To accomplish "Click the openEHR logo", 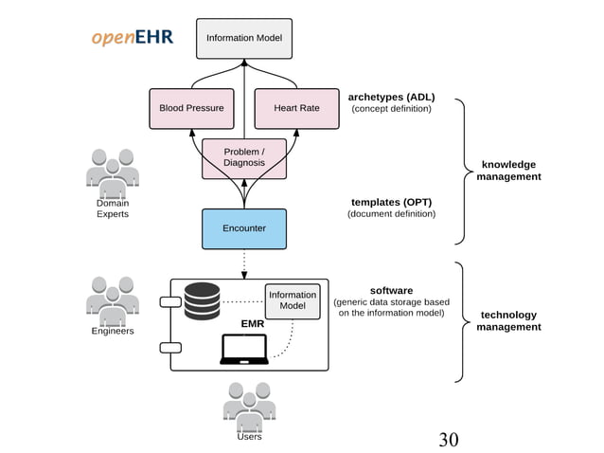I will [132, 37].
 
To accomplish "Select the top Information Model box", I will [243, 39].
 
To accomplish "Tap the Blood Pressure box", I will [191, 108].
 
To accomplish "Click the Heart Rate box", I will [296, 108].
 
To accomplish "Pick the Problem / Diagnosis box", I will [243, 157].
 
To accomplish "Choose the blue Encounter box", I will [243, 228].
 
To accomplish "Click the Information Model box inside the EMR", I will [293, 300].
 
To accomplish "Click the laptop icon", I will [243, 350].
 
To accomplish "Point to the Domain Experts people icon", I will [113, 170].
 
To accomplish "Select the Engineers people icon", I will [113, 299].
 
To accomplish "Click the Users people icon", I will [249, 405].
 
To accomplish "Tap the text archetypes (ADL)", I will [391, 97].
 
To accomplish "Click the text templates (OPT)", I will [391, 202].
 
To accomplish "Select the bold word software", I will [391, 290].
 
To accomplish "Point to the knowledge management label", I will [508, 171].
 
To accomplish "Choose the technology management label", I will [508, 320].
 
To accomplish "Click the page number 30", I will [448, 439].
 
